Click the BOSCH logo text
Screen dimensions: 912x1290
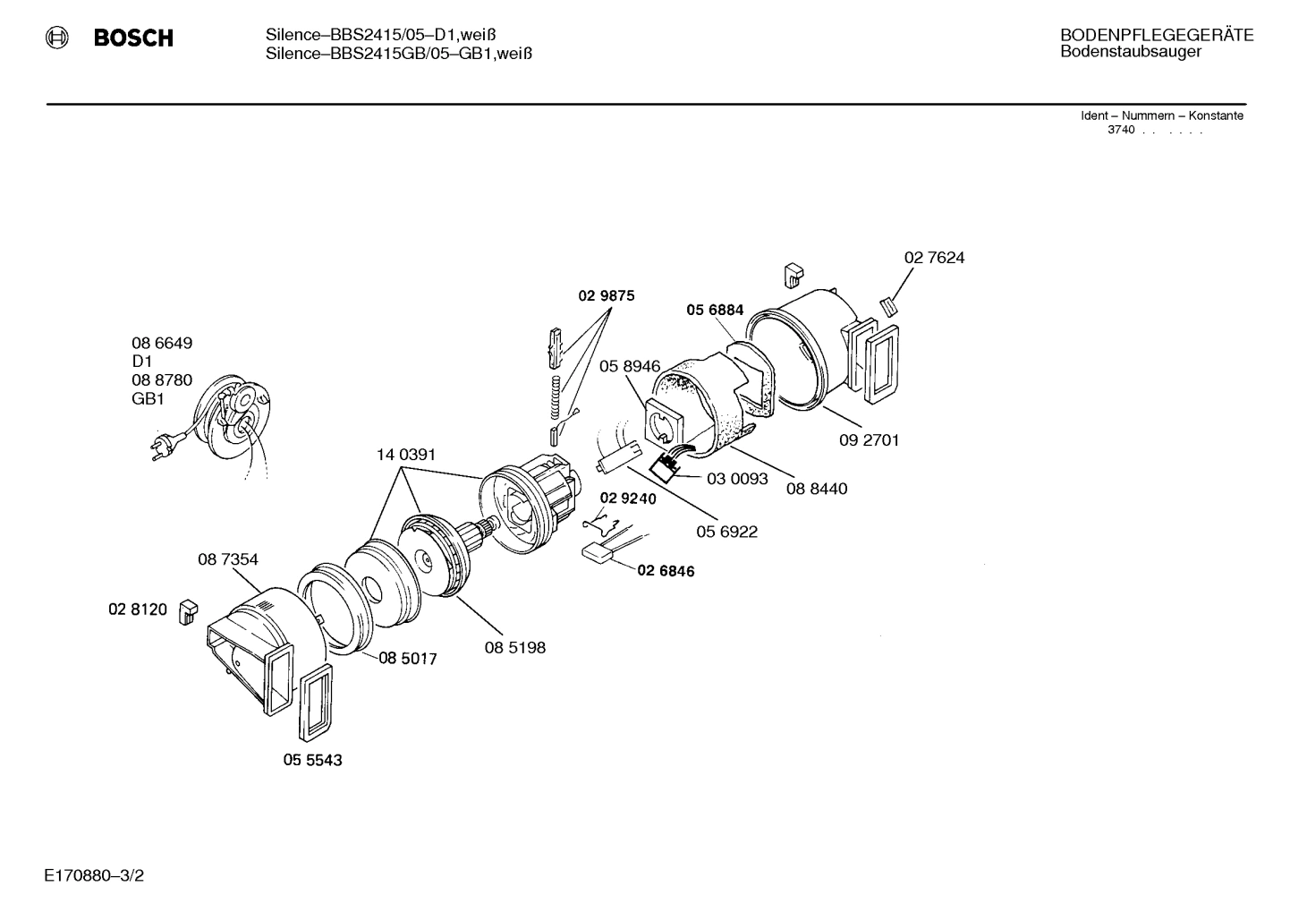pos(133,38)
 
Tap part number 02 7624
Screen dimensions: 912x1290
pos(934,258)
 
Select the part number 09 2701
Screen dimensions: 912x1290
pos(869,440)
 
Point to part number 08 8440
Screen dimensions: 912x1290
pos(817,489)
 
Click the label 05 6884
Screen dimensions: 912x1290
pos(715,310)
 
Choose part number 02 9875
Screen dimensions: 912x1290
pos(606,295)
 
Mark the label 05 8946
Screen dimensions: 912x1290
pos(630,366)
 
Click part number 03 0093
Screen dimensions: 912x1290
pos(737,479)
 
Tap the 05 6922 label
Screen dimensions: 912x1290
pos(726,532)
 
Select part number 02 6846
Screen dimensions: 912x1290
pos(666,571)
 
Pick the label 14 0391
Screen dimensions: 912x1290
pos(406,455)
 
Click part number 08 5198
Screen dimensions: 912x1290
pos(515,647)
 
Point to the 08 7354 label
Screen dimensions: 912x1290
pos(228,559)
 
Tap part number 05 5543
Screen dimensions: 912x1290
pos(313,760)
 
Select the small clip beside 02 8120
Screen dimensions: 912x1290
pos(189,611)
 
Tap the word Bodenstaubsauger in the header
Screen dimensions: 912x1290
pos(1130,52)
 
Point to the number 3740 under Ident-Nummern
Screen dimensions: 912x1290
pos(1121,130)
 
